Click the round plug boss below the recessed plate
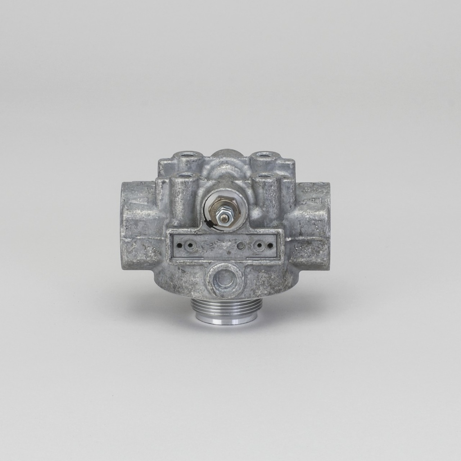coord(225,280)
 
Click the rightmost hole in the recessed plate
coord(270,246)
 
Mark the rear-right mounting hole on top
coord(263,156)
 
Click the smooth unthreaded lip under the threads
coord(226,317)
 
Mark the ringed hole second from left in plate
coord(190,246)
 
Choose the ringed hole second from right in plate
coord(259,246)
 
